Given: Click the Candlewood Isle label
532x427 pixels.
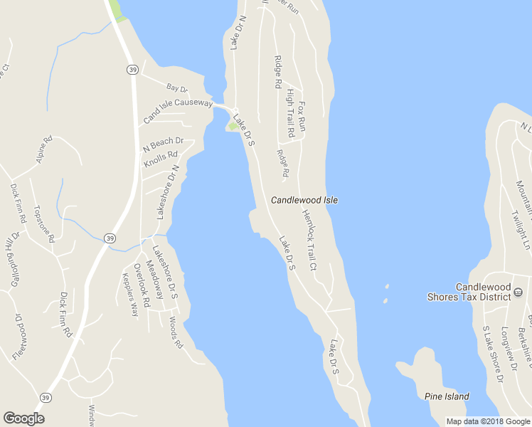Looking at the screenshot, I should click(304, 201).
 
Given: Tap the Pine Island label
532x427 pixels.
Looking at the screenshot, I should click(447, 396).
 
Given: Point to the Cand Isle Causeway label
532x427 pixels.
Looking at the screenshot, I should click(178, 112).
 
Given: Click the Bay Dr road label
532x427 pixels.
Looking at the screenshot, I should click(176, 88).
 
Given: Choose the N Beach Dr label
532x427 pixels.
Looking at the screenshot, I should click(164, 144).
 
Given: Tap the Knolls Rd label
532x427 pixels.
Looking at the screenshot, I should click(160, 160).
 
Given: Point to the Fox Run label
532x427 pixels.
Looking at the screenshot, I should click(302, 116).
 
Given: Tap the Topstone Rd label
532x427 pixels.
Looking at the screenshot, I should click(44, 224).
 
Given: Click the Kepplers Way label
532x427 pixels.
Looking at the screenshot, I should click(130, 295).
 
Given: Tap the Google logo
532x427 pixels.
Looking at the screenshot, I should click(23, 418).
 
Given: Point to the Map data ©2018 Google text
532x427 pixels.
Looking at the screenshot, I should click(487, 421).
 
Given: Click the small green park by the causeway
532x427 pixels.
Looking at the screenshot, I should click(233, 127).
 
